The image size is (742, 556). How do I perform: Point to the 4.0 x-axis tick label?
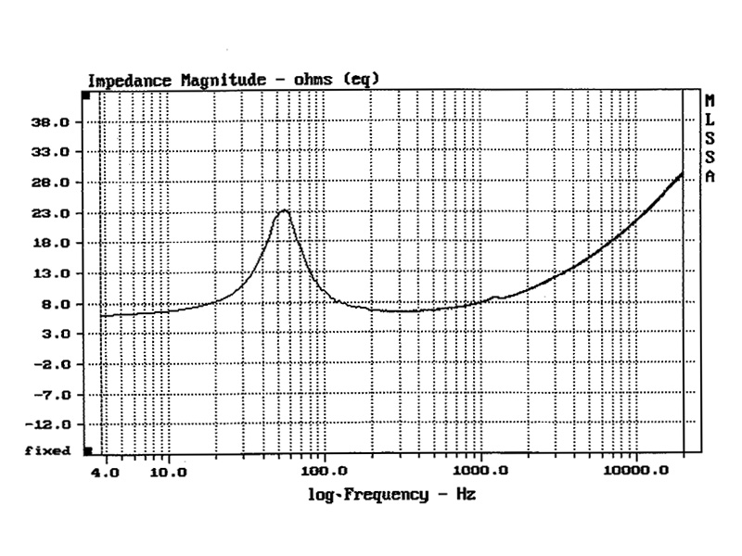106,471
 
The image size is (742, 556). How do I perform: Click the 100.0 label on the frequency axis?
326,471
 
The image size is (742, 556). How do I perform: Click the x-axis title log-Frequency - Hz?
391,495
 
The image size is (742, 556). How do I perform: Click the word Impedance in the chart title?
129,81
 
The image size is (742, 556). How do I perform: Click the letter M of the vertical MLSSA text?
710,100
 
